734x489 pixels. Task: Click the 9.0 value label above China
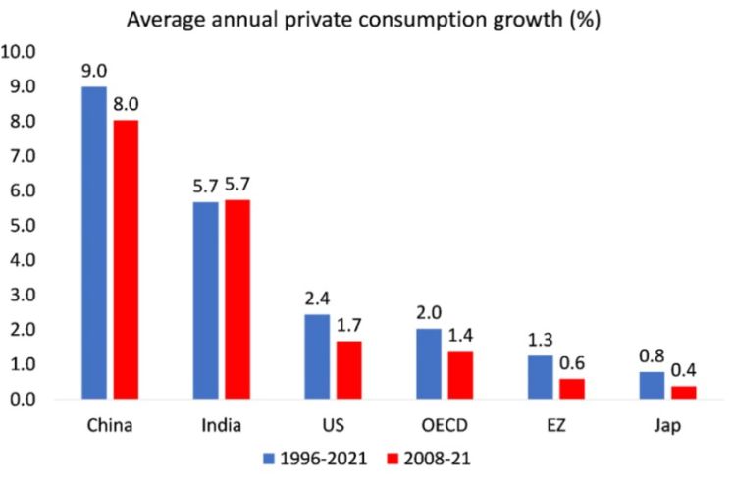pyautogui.click(x=94, y=71)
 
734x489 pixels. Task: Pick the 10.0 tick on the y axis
pyautogui.click(x=21, y=52)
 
